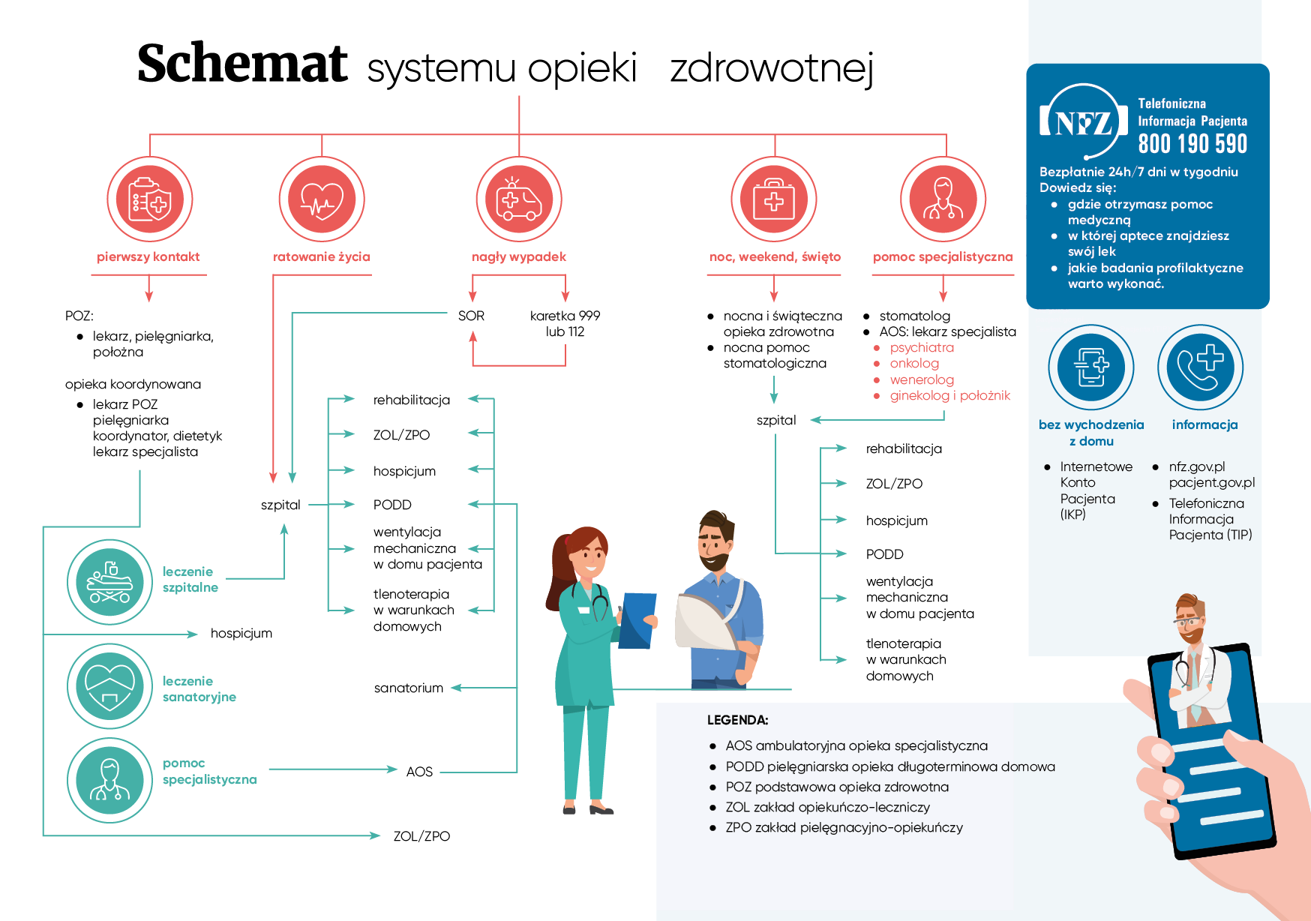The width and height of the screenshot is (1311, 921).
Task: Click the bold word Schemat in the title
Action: pyautogui.click(x=242, y=64)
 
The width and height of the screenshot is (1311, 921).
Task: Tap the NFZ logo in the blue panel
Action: pyautogui.click(x=1083, y=121)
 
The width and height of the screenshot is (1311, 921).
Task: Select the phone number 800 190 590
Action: pyautogui.click(x=1192, y=144)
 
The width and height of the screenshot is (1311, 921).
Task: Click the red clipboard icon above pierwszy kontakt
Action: pyautogui.click(x=149, y=199)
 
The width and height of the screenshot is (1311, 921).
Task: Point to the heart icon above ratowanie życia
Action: pyautogui.click(x=322, y=199)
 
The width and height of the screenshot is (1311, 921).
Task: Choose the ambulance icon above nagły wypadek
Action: pyautogui.click(x=519, y=199)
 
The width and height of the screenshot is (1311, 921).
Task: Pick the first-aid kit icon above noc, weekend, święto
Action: pyautogui.click(x=774, y=199)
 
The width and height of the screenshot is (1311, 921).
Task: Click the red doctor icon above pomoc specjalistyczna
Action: pyautogui.click(x=943, y=199)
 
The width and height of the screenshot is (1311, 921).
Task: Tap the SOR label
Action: pyautogui.click(x=471, y=316)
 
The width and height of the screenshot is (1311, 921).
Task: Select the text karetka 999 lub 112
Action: pyautogui.click(x=565, y=324)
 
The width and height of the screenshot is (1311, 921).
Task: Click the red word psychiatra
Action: pyautogui.click(x=922, y=348)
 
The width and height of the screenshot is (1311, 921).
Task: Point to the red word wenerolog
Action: pyautogui.click(x=922, y=380)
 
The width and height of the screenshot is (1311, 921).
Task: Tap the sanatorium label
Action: pyautogui.click(x=409, y=688)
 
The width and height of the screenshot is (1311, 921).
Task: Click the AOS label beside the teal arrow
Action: pyautogui.click(x=419, y=772)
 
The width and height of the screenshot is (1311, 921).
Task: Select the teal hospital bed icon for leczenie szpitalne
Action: pyautogui.click(x=109, y=582)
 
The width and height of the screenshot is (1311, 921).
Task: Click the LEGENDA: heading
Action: pyautogui.click(x=737, y=720)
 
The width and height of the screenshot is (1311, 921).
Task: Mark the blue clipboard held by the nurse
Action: pyautogui.click(x=637, y=619)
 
